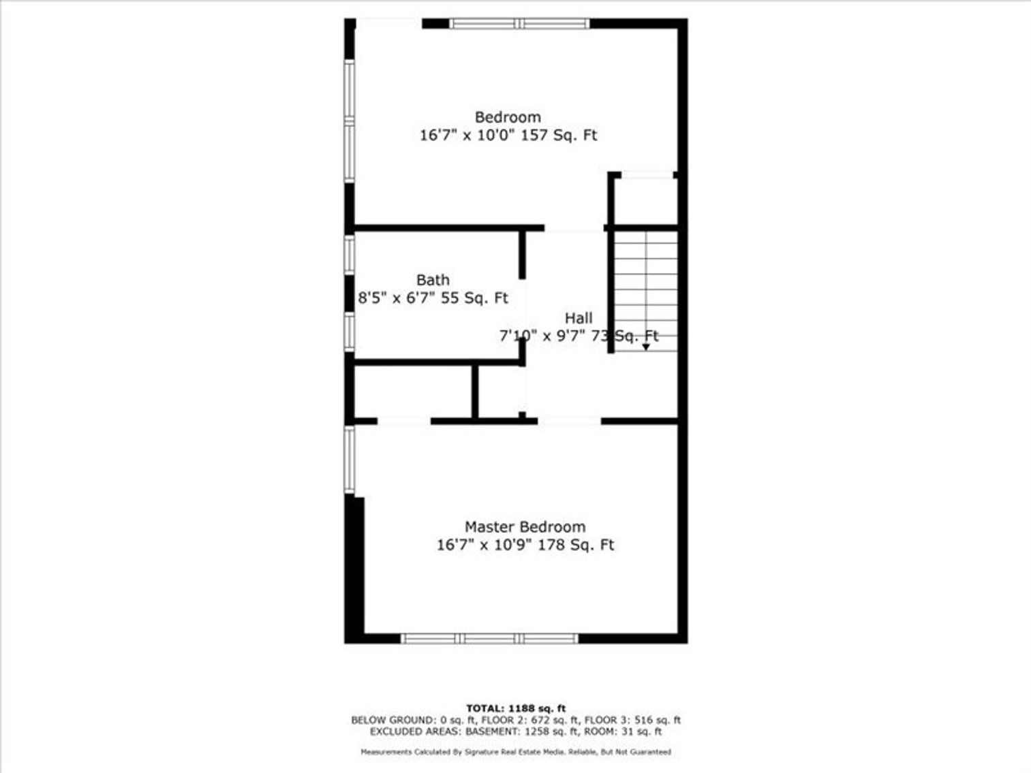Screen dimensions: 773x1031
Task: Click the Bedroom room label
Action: click(x=508, y=117)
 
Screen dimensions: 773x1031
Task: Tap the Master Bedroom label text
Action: click(x=525, y=527)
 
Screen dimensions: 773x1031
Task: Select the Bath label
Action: click(x=433, y=280)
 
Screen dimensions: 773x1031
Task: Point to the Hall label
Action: click(x=579, y=318)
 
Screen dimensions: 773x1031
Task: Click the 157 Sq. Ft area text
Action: click(x=559, y=136)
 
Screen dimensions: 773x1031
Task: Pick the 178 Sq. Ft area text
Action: click(x=576, y=546)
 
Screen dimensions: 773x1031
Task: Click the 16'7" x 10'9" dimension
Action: click(x=484, y=546)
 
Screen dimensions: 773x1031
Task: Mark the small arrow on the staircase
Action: click(x=646, y=347)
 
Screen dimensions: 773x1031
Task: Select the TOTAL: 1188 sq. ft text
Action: click(x=516, y=708)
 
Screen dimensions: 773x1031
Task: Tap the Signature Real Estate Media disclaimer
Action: click(x=516, y=752)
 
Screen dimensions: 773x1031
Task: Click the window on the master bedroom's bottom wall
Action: click(x=489, y=638)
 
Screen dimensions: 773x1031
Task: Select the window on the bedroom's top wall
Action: click(x=519, y=24)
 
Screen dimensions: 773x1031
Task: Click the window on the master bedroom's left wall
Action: click(x=350, y=459)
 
